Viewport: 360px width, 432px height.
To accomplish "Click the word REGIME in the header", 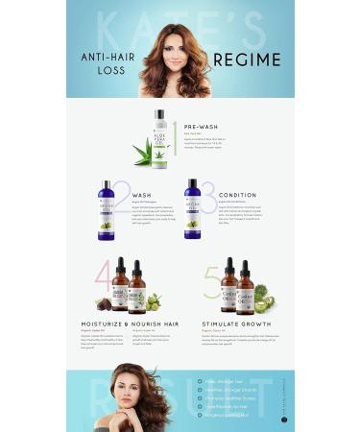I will [247, 60].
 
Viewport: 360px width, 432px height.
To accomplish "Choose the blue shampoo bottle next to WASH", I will [107, 209].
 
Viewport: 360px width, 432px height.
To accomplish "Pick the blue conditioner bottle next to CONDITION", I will [193, 209].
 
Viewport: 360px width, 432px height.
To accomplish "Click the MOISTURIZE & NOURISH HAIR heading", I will [127, 324].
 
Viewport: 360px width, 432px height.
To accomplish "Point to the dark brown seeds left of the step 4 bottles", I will [103, 304].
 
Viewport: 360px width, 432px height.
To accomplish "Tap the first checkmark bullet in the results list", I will [199, 381].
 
